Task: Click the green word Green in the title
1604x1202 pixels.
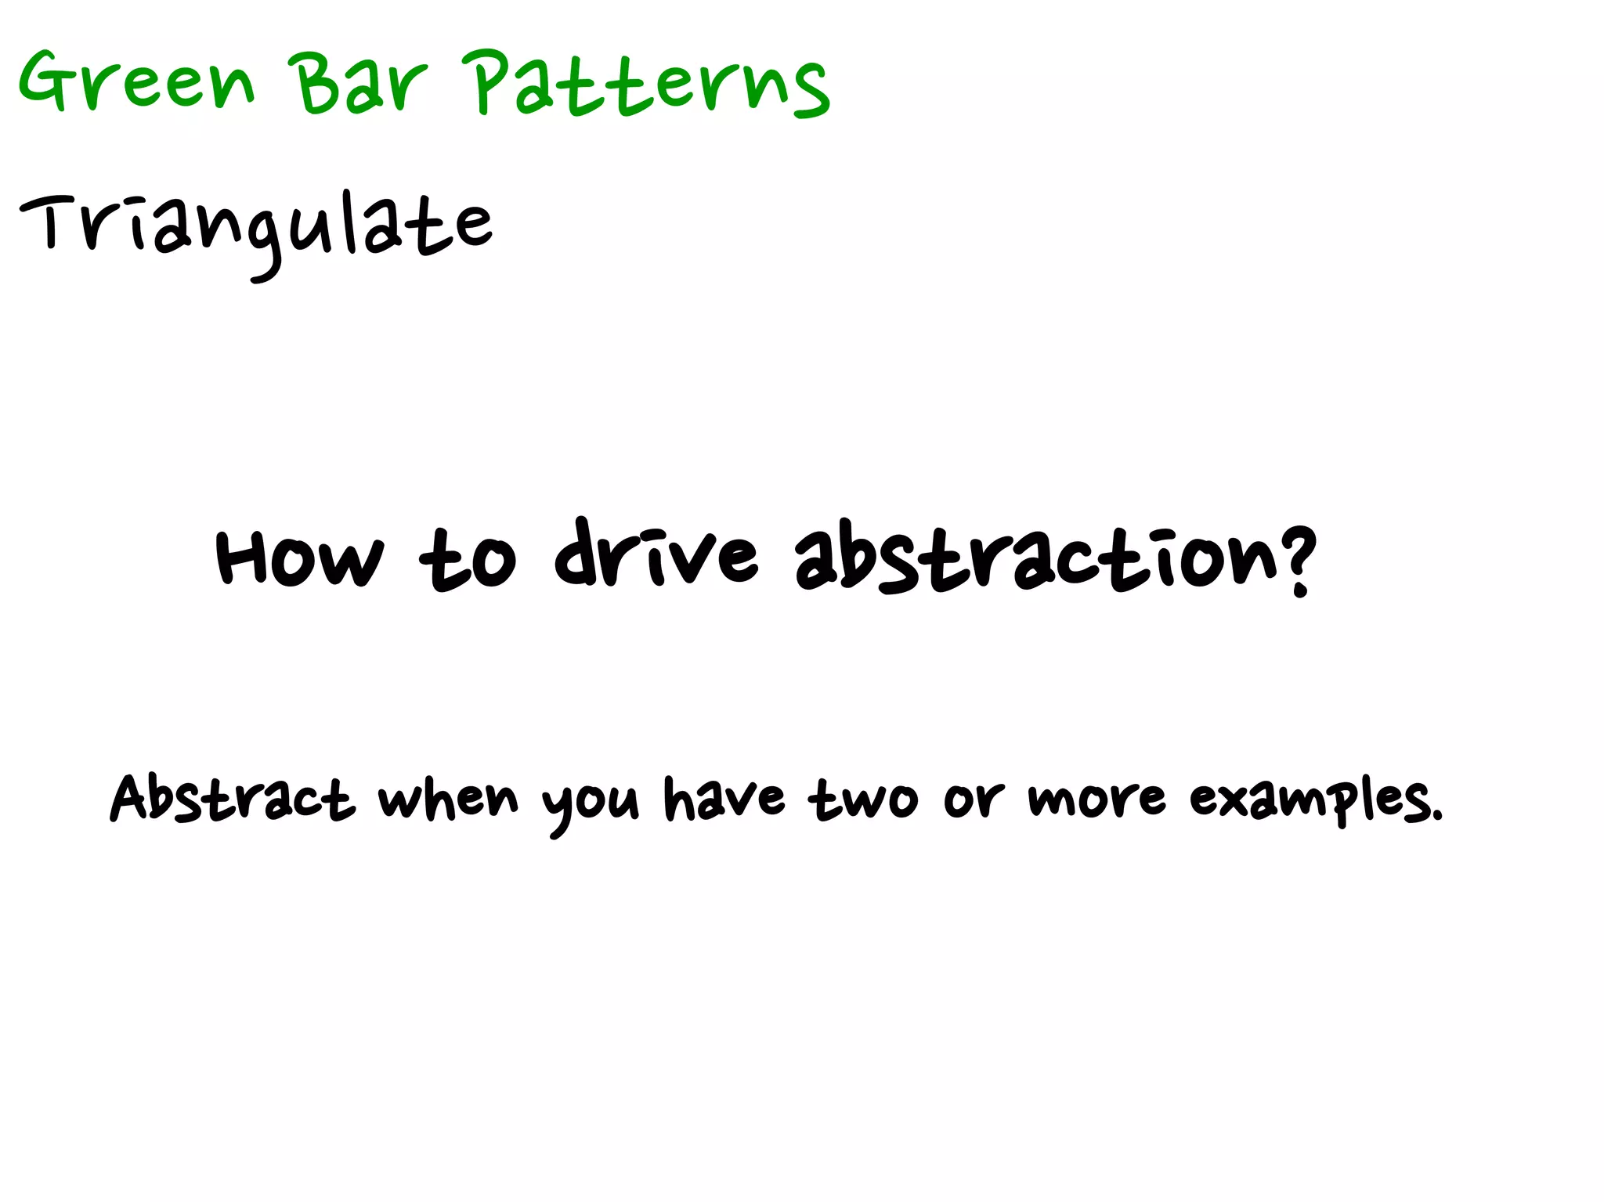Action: point(137,82)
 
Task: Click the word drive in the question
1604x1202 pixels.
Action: point(656,554)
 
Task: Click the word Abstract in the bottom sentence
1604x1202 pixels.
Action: point(232,799)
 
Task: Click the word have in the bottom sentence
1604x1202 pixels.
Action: point(724,799)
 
